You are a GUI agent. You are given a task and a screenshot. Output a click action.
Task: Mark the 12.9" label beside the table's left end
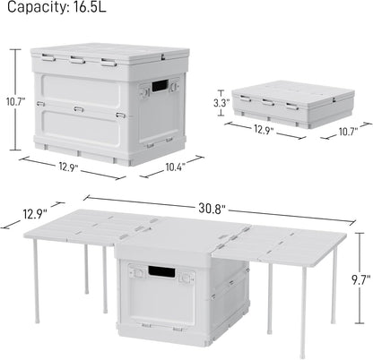[x=24, y=215]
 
